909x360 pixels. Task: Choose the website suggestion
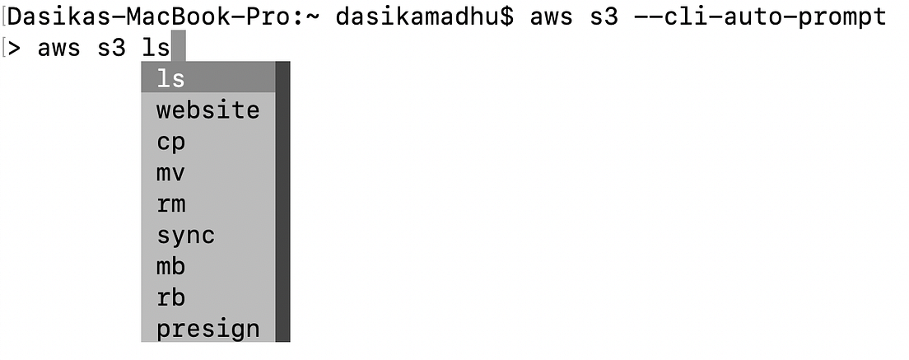tap(207, 110)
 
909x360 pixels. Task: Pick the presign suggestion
tap(207, 330)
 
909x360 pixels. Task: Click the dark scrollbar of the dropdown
tap(282, 202)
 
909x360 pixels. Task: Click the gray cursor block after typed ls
tap(178, 48)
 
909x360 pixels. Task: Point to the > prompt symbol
tap(15, 48)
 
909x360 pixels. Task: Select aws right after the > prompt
tap(58, 48)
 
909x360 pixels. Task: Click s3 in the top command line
tap(604, 16)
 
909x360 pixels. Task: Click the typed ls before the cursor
tap(156, 48)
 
